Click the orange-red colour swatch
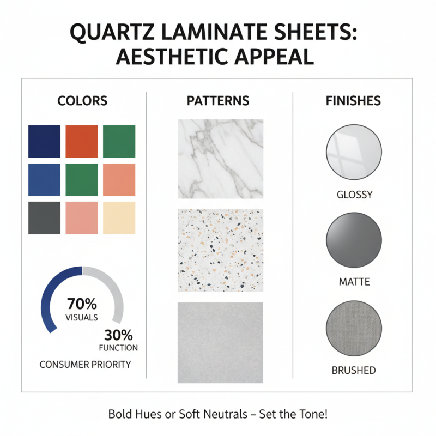82,141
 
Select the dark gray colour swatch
44,218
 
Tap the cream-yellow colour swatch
119,218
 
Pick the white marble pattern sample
220,159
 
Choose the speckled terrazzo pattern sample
220,250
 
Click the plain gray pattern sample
220,342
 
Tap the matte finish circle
353,240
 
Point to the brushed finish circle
353,329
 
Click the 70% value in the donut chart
82,304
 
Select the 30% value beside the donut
118,335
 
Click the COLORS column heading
82,101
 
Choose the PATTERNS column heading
218,101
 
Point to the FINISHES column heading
353,101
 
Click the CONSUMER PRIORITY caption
85,364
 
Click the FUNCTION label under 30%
118,348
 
